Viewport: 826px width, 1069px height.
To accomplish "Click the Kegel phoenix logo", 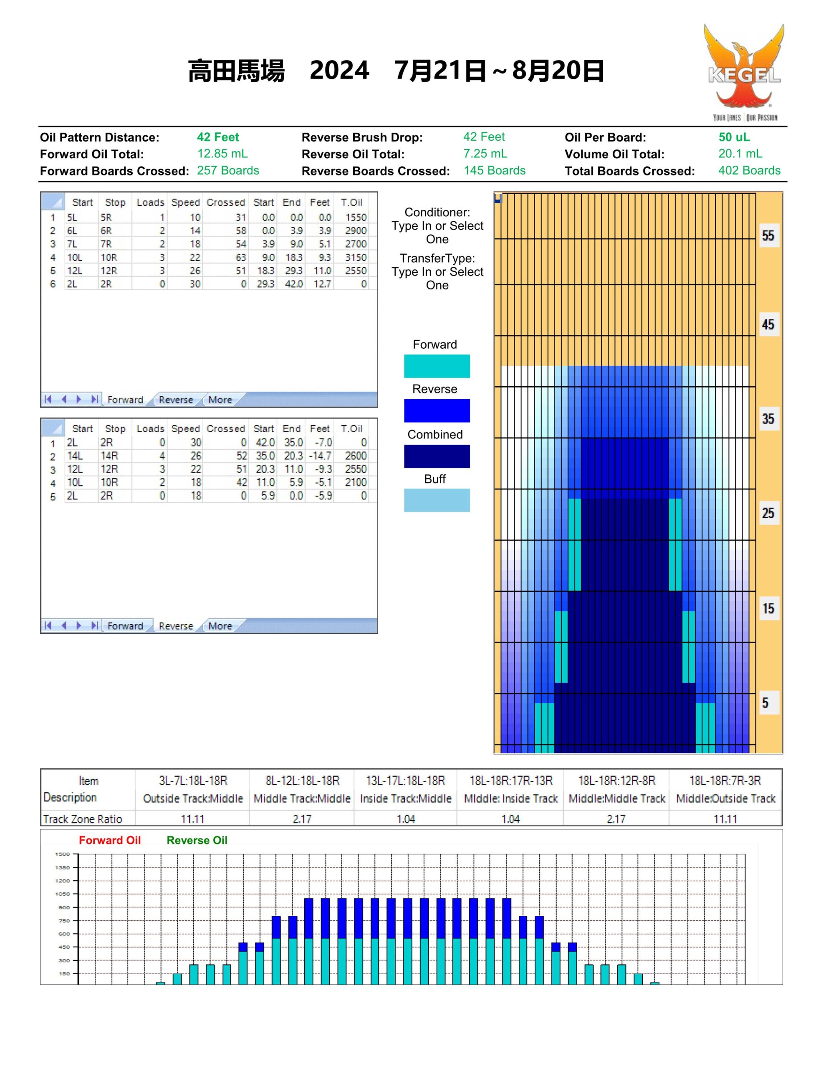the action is point(744,72).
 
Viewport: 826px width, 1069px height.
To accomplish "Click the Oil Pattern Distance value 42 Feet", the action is point(218,137).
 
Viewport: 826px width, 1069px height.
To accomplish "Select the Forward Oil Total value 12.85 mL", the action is point(222,154).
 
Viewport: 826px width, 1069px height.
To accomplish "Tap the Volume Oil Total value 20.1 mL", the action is point(740,154).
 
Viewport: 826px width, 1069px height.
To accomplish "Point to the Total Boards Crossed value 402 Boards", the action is point(749,170).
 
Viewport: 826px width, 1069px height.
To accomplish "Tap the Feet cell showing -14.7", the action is point(320,456).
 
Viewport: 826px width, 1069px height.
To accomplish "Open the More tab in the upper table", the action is point(220,399).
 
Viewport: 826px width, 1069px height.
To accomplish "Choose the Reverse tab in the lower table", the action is point(176,626).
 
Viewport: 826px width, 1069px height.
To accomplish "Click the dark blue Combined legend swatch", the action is point(437,456).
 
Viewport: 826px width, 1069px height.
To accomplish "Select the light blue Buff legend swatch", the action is point(437,500).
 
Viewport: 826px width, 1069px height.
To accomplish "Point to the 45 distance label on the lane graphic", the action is point(768,324).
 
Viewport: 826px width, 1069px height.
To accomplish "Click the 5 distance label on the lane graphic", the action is point(765,703).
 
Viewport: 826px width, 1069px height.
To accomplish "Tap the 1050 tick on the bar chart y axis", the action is point(63,894).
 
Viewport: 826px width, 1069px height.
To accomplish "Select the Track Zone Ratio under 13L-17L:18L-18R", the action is point(406,819).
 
